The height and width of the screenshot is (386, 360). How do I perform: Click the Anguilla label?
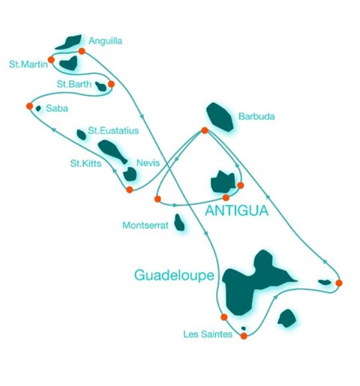click(105, 41)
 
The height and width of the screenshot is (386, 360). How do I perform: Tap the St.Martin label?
click(28, 64)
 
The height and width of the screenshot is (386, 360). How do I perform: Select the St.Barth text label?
click(73, 84)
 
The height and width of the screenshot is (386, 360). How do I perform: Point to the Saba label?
click(57, 109)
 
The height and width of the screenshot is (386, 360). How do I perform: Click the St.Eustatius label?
click(113, 130)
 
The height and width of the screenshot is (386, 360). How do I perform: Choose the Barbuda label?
click(256, 116)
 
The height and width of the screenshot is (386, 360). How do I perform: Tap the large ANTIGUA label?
click(237, 211)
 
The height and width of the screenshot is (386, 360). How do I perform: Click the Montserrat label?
click(145, 226)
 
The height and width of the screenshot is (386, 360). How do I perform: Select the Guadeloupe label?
click(174, 275)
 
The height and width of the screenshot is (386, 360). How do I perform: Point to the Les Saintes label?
click(208, 334)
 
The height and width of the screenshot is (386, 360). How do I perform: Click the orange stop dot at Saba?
click(29, 106)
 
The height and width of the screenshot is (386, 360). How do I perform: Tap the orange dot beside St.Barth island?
click(111, 84)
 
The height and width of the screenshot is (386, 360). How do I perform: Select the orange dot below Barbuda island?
click(205, 130)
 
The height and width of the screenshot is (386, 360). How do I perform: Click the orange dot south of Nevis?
click(130, 190)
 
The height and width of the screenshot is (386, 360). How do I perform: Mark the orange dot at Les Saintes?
click(244, 336)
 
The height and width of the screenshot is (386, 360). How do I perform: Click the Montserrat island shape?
click(179, 223)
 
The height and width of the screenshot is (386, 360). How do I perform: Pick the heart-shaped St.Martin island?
click(68, 63)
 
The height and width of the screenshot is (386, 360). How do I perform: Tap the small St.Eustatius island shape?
click(81, 135)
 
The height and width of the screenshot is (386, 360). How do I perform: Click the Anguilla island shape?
click(68, 42)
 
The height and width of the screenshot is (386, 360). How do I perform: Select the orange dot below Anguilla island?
click(82, 51)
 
